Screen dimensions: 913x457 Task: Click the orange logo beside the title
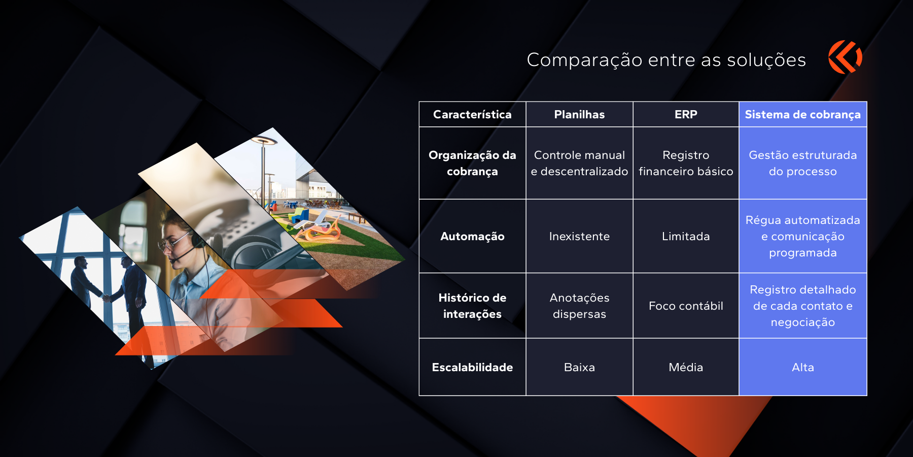coord(845,57)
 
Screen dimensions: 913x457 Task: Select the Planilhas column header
coord(579,114)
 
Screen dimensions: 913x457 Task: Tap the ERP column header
coord(686,114)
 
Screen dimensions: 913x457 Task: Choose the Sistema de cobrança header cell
coord(803,114)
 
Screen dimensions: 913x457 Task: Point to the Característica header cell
coord(472,114)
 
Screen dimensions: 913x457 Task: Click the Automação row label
coord(472,236)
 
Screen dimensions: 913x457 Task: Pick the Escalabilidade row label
coord(472,367)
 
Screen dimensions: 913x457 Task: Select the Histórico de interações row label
coord(472,306)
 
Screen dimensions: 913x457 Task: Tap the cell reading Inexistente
coord(579,236)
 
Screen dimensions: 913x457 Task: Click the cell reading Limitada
coord(686,236)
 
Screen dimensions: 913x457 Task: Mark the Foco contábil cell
coord(686,306)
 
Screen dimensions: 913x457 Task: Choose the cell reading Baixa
coord(579,367)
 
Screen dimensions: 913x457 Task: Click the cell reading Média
coord(686,367)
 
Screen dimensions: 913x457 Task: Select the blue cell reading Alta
coord(803,367)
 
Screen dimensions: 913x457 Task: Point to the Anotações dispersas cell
coord(579,306)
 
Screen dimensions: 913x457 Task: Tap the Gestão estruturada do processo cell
coord(803,163)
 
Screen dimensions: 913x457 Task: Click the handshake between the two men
coord(106,297)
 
